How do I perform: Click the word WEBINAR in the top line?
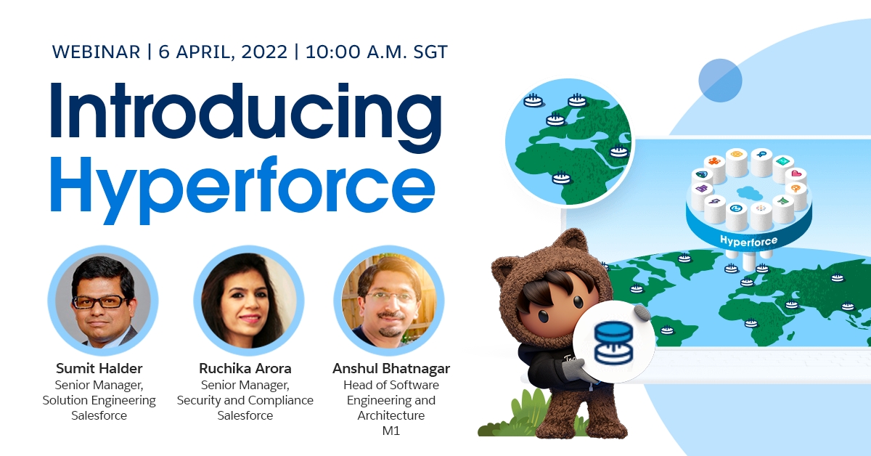[97, 52]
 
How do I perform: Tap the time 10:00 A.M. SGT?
[377, 52]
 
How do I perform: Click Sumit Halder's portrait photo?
[102, 299]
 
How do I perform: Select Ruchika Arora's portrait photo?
[245, 299]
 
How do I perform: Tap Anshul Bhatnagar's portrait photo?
[388, 299]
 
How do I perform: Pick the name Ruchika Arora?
[245, 368]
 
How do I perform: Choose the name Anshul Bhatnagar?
[391, 368]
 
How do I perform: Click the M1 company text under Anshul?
[391, 431]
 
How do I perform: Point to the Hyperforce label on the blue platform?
[748, 240]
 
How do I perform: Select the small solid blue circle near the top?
[720, 80]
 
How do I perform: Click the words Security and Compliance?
[245, 400]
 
